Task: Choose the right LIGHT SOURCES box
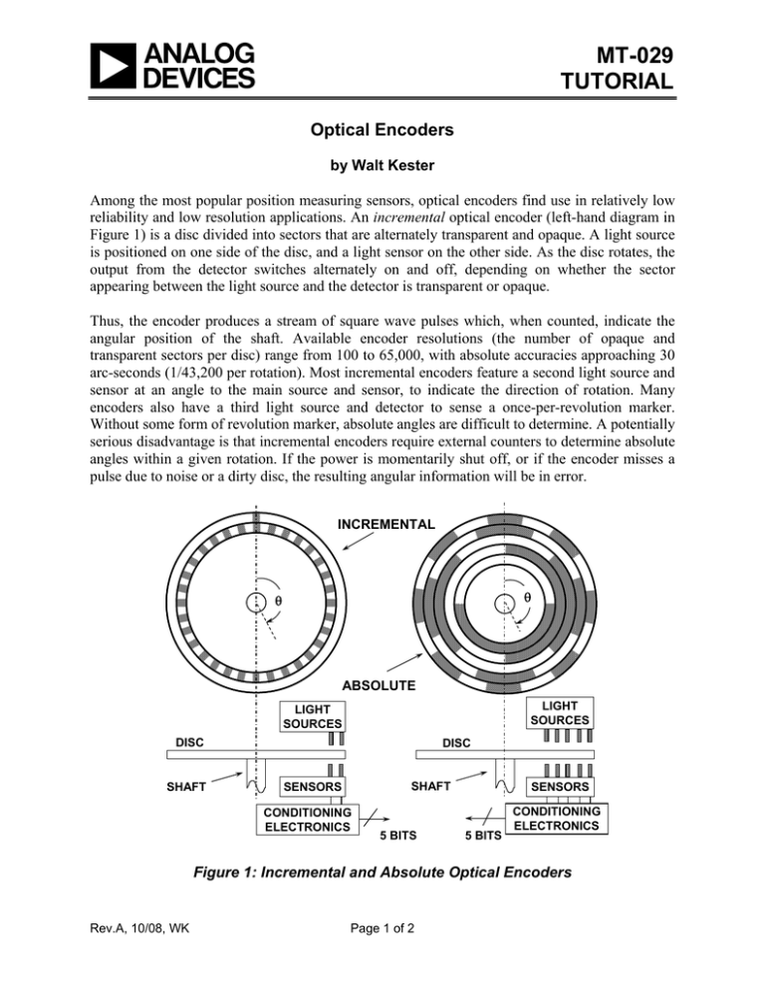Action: click(561, 712)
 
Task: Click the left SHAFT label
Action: click(186, 788)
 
